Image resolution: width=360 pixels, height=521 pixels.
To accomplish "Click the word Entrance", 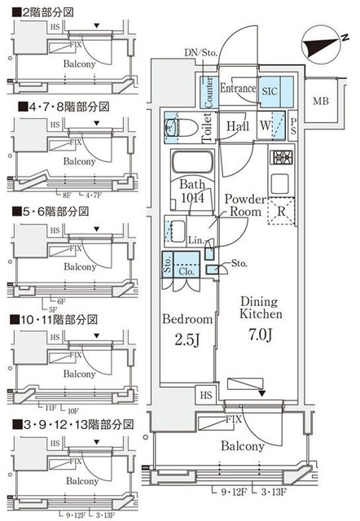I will click(239, 89).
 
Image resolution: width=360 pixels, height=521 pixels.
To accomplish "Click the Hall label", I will click(238, 126).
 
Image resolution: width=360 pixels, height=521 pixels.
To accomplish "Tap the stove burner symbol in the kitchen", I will click(286, 158).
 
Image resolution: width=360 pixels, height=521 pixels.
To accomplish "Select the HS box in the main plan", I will click(205, 394).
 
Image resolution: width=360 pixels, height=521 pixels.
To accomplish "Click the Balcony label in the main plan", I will click(241, 445).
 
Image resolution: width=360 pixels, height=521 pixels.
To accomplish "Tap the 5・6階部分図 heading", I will click(49, 211).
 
